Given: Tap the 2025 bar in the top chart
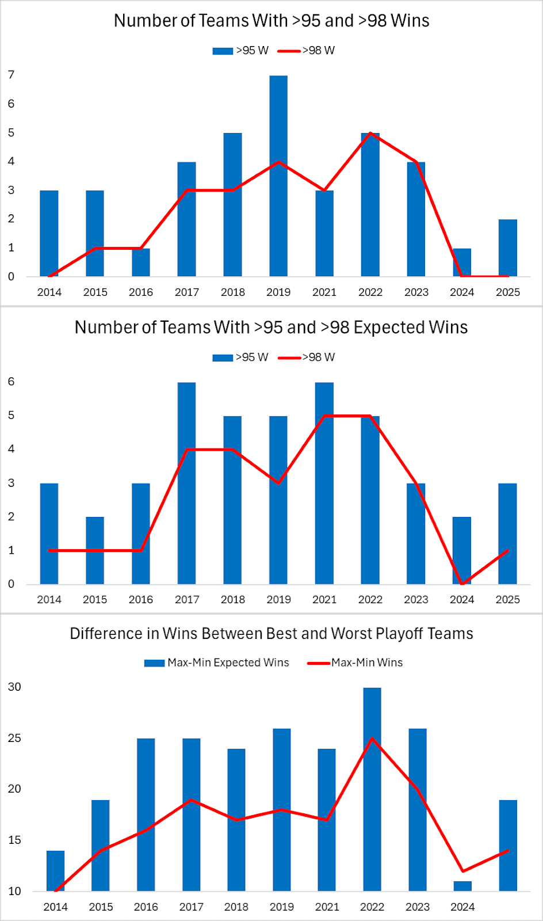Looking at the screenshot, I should point(507,248).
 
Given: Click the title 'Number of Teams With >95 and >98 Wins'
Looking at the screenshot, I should point(271,21).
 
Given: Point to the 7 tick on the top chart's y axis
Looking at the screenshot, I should point(12,75).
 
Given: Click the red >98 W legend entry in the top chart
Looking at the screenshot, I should point(307,51).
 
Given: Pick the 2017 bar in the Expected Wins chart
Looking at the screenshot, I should point(187,484).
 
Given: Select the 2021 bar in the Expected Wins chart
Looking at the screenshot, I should point(324,484).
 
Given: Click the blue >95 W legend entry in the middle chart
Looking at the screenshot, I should point(240,357).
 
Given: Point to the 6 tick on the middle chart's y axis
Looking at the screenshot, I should point(12,382).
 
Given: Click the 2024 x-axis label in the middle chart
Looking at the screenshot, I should point(462,599).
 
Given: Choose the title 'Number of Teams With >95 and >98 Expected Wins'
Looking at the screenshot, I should point(271,328).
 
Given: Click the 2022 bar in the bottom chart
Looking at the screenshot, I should point(372,789).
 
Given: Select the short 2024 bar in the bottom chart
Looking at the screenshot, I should point(462,886).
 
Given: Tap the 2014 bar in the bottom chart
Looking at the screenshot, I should point(56,871).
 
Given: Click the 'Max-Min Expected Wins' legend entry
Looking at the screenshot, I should point(217,663).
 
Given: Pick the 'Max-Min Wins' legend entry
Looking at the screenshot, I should point(355,663).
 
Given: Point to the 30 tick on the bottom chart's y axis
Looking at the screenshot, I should point(14,687).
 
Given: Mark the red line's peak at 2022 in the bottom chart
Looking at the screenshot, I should point(372,739).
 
